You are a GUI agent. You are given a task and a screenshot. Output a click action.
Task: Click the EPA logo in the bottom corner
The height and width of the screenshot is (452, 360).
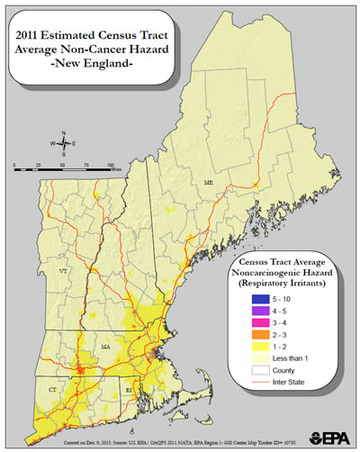[x=329, y=438]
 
